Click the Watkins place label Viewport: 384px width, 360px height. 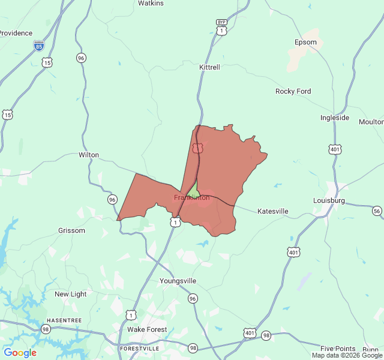(151, 3)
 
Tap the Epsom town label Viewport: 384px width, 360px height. (305, 43)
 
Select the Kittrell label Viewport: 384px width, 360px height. (209, 67)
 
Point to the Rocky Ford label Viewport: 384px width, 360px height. (293, 91)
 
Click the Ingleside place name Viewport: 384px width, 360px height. (335, 118)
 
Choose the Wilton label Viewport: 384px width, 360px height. (89, 155)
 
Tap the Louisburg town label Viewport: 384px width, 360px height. (329, 200)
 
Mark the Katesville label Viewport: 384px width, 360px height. (273, 211)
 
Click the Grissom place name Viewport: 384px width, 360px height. (71, 230)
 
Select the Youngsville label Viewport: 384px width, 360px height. (178, 281)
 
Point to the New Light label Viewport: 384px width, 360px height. (71, 294)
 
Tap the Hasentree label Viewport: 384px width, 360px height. (64, 321)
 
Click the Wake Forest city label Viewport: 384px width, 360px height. (147, 330)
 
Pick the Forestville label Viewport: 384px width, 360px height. (139, 349)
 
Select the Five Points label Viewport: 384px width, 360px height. (338, 349)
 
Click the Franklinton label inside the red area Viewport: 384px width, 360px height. (192, 197)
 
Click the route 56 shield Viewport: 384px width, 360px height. (377, 211)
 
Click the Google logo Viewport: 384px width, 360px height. (20, 353)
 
